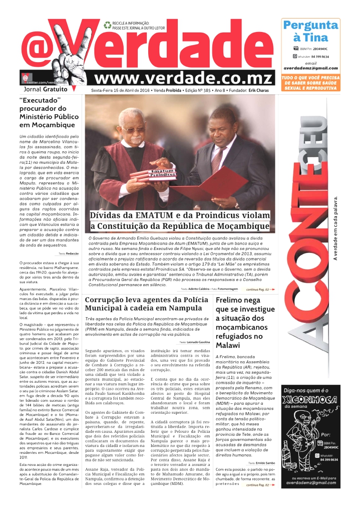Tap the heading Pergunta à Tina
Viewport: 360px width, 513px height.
tap(310, 31)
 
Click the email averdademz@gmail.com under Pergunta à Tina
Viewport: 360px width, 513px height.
tap(310, 68)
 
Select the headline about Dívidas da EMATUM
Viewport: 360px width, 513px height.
tap(180, 221)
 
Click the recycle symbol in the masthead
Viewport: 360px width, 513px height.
tap(107, 25)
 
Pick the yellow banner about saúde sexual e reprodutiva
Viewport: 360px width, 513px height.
tap(310, 83)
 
